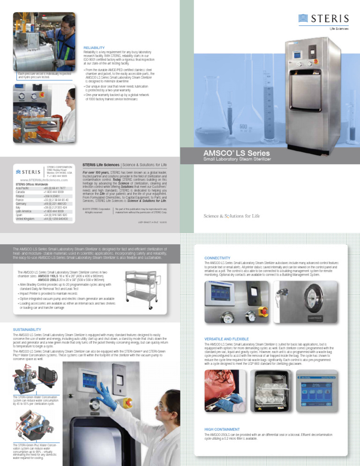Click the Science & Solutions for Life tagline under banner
point(232,216)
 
